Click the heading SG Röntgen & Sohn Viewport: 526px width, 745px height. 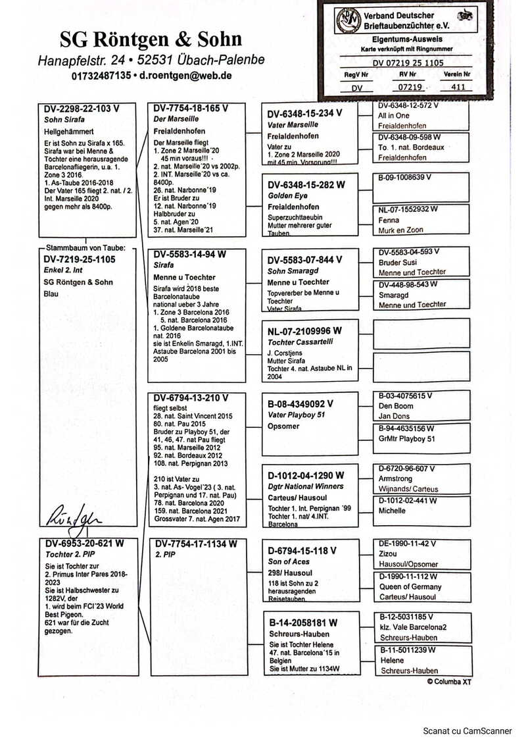tap(151, 39)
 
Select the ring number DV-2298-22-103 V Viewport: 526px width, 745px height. tap(82, 109)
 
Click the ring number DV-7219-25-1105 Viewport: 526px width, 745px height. tap(79, 260)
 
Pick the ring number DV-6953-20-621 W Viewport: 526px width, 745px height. tap(84, 544)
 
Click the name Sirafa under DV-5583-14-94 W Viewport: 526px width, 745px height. tap(164, 265)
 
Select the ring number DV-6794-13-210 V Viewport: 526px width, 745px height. tap(191, 398)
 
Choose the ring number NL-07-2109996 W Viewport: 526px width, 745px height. tap(304, 330)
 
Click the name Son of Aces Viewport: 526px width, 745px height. tap(288, 561)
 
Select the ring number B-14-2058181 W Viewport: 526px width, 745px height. tap(303, 622)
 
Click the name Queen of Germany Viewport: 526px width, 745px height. tap(410, 587)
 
